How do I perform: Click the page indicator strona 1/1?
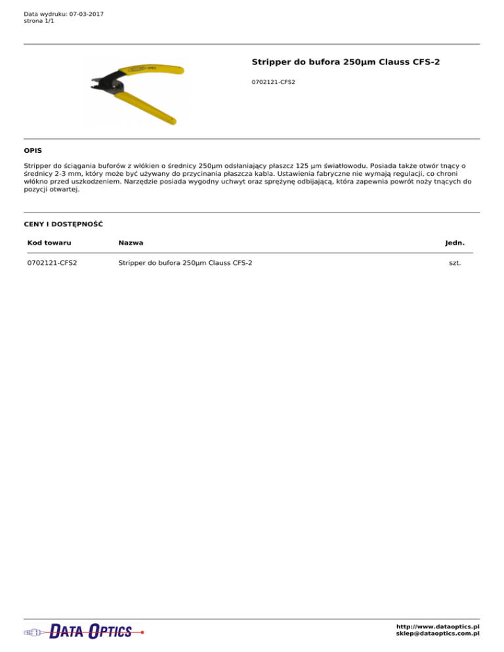[x=39, y=21]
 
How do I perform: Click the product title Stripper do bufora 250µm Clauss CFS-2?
[x=345, y=62]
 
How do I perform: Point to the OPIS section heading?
[x=33, y=150]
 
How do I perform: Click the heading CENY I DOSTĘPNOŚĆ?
[x=63, y=224]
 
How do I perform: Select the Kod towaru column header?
[x=49, y=243]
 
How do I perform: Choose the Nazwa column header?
[x=131, y=243]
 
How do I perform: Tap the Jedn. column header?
[x=454, y=243]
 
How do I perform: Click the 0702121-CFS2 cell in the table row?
[x=52, y=264]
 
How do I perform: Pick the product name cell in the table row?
[x=185, y=264]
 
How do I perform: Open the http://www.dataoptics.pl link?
[x=438, y=626]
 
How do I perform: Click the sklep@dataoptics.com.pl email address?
[x=438, y=634]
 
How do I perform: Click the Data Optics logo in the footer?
[x=83, y=632]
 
